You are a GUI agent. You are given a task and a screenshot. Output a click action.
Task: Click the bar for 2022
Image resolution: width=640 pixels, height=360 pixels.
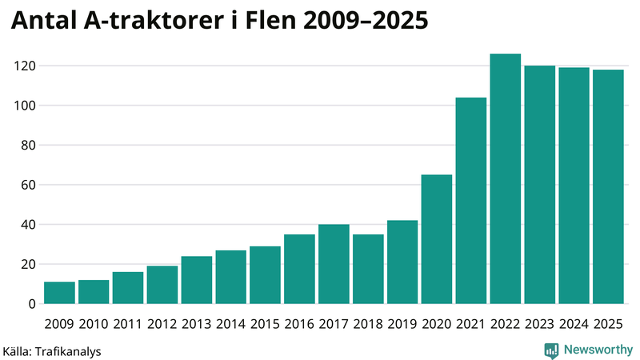(x=506, y=179)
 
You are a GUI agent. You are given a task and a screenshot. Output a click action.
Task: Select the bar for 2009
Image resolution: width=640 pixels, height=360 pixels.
(x=59, y=293)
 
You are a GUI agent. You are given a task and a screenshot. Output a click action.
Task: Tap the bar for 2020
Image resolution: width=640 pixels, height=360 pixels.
(x=437, y=239)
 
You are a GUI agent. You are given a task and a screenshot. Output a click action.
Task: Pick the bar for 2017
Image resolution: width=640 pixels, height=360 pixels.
(x=334, y=264)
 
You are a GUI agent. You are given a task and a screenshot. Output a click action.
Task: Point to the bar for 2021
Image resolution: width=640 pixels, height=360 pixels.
(x=471, y=201)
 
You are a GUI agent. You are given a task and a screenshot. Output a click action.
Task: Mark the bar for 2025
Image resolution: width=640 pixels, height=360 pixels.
(x=608, y=187)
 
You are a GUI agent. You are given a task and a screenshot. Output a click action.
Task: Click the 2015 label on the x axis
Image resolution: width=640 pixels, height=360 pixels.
(x=265, y=324)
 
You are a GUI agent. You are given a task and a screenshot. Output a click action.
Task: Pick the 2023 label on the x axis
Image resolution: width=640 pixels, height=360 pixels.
(x=539, y=324)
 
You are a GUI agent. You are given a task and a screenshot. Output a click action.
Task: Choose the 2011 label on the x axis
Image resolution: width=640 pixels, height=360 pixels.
(x=128, y=324)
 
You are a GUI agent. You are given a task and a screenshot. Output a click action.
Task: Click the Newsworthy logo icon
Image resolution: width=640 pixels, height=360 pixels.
(x=551, y=350)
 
